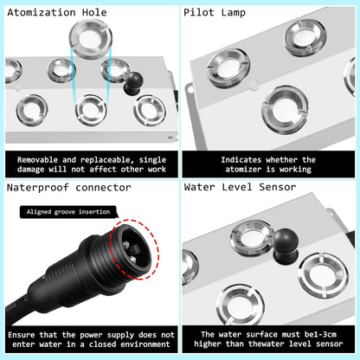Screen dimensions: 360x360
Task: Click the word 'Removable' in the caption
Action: (37, 160)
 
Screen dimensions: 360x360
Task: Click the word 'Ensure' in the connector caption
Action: (27, 333)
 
